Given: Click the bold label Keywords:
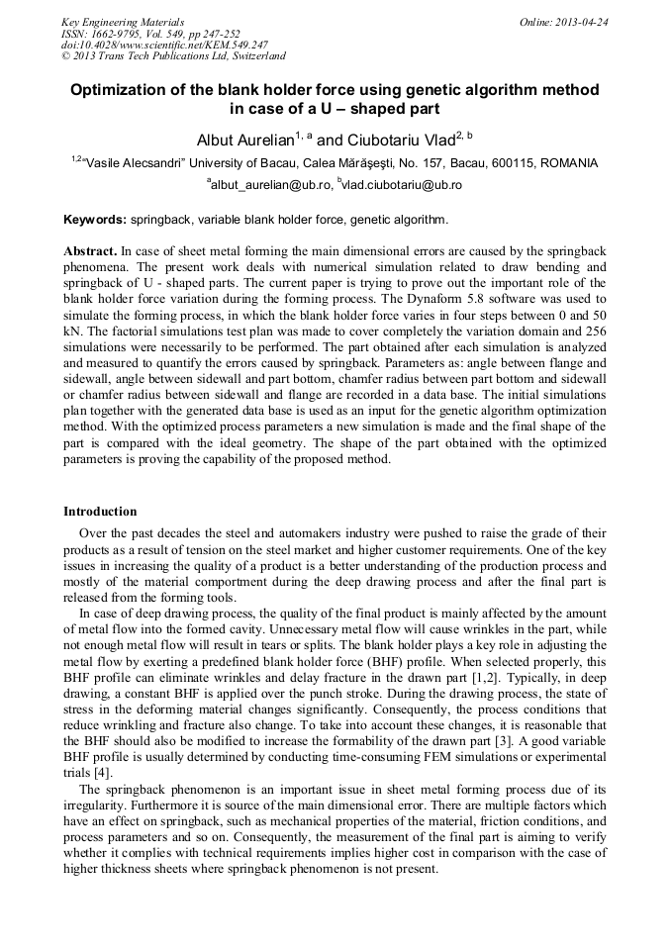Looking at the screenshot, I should pos(95,220).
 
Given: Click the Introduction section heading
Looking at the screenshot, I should pos(100,512).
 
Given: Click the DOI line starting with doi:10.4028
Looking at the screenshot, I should pos(164,46).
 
